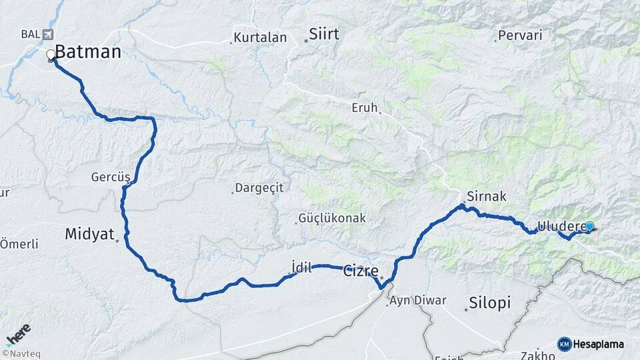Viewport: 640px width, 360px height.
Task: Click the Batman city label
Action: pyautogui.click(x=88, y=52)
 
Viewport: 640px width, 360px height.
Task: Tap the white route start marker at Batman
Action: pyautogui.click(x=51, y=55)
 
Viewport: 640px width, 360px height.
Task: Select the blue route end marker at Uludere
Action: pyautogui.click(x=589, y=227)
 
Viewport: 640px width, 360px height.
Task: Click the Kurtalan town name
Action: pyautogui.click(x=261, y=38)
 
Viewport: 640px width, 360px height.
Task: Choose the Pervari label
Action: pyautogui.click(x=520, y=35)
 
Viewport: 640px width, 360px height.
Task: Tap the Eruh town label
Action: pyautogui.click(x=365, y=107)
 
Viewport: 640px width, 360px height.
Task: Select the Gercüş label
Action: pyautogui.click(x=111, y=177)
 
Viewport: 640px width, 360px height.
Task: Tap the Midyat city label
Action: pyautogui.click(x=89, y=234)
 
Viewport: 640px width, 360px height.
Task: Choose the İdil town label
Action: pyautogui.click(x=302, y=267)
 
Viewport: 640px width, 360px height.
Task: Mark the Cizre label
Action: pyautogui.click(x=361, y=271)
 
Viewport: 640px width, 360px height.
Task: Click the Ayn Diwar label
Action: pyautogui.click(x=418, y=300)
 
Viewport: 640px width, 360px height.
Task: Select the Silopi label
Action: pyautogui.click(x=489, y=303)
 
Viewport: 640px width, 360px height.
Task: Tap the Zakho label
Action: pyautogui.click(x=533, y=355)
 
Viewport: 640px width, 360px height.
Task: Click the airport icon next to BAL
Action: pyautogui.click(x=47, y=34)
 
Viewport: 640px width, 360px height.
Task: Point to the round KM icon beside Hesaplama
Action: pyautogui.click(x=565, y=344)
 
